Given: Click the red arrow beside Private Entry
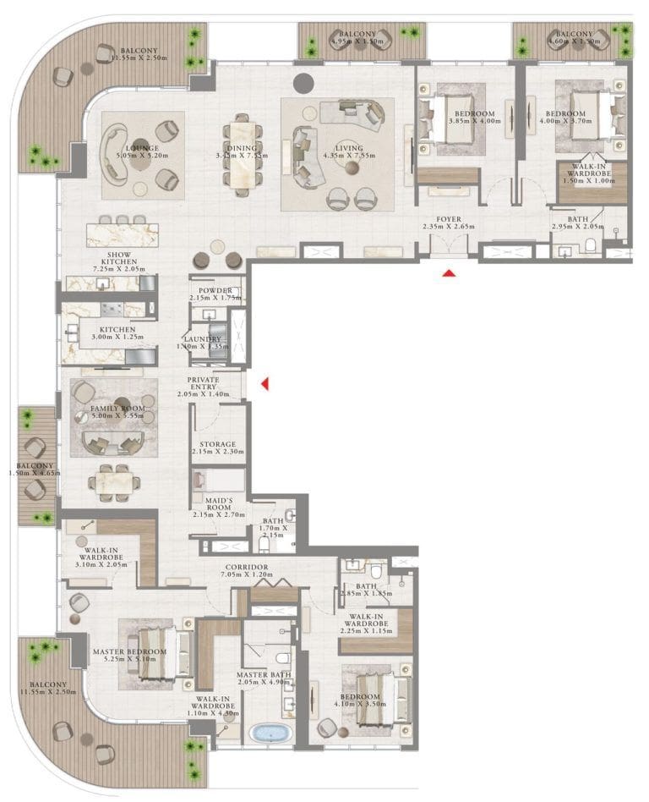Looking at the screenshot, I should point(265,385).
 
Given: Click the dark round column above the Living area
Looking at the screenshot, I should point(304,84).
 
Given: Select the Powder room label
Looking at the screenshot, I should point(215,290).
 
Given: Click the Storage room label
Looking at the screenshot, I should point(217,444).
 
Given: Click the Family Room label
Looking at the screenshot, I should point(117,409).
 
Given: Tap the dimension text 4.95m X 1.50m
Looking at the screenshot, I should point(357,41).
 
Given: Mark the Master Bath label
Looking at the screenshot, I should point(264,674).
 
